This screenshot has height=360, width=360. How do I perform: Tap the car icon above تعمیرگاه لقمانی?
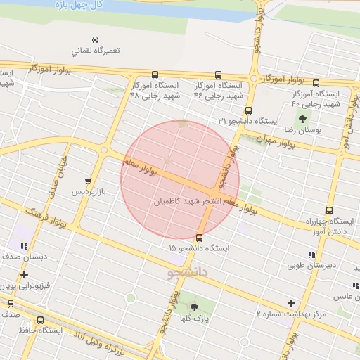[96, 39]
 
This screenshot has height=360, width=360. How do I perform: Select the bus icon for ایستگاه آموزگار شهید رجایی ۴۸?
[155, 75]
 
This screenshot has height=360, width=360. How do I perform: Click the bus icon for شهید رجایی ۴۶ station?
[217, 75]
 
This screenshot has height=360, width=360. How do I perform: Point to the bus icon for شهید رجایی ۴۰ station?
[315, 83]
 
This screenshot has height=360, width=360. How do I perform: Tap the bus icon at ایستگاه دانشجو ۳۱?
[248, 110]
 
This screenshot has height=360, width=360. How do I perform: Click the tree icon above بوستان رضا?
[303, 119]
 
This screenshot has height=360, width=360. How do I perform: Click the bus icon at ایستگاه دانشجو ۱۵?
[200, 238]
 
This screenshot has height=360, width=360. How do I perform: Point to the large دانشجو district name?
[188, 271]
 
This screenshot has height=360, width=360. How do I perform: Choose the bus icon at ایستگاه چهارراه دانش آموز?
[329, 210]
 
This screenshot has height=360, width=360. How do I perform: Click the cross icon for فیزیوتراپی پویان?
[25, 275]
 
